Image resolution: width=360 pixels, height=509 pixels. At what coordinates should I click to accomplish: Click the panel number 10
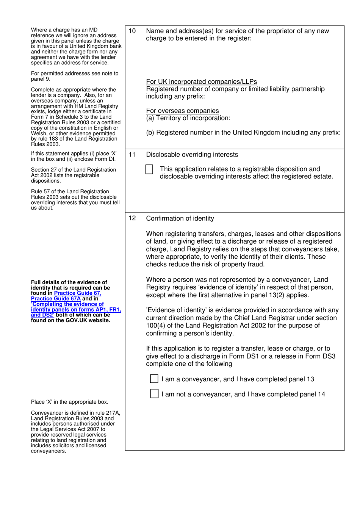pyautogui.click(x=132, y=31)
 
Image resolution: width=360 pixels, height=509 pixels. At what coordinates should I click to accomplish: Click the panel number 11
pyautogui.click(x=132, y=155)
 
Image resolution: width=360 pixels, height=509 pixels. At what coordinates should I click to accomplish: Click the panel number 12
pyautogui.click(x=132, y=218)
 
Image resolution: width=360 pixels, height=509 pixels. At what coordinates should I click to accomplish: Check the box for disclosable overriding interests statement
pyautogui.click(x=149, y=169)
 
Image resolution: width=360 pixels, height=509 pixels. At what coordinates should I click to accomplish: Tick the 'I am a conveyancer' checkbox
pyautogui.click(x=154, y=379)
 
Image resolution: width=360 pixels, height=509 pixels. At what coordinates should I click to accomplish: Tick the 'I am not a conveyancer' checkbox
pyautogui.click(x=154, y=394)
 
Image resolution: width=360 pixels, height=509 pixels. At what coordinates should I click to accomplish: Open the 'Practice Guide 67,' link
pyautogui.click(x=78, y=293)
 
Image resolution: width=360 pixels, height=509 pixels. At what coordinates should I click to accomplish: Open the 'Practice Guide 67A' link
pyautogui.click(x=56, y=299)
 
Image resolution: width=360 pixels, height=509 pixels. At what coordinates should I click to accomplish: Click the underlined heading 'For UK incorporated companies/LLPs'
pyautogui.click(x=201, y=81)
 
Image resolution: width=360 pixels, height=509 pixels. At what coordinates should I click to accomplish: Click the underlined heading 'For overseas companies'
pyautogui.click(x=182, y=111)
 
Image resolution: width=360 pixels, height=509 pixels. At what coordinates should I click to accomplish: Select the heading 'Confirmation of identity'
pyautogui.click(x=180, y=218)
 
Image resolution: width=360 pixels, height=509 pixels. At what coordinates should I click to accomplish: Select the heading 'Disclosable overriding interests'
pyautogui.click(x=192, y=155)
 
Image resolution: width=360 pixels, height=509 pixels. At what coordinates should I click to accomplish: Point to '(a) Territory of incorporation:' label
pyautogui.click(x=188, y=118)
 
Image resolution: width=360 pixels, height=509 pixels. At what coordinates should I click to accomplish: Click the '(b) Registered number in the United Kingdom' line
pyautogui.click(x=243, y=133)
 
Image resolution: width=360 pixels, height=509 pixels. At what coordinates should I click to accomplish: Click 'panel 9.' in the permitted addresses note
pyautogui.click(x=41, y=79)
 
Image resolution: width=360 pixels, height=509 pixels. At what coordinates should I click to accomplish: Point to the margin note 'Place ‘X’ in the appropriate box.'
pyautogui.click(x=69, y=402)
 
